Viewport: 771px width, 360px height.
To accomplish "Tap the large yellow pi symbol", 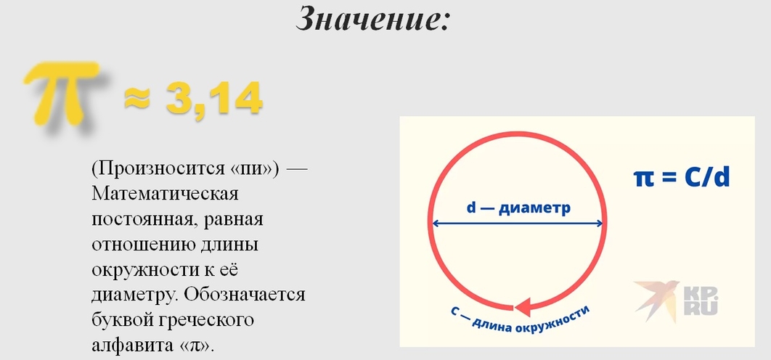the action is (63, 94).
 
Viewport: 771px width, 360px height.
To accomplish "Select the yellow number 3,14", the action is (213, 99).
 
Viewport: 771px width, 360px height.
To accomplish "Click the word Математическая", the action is (166, 194).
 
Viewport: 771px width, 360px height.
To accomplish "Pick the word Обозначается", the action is (245, 295).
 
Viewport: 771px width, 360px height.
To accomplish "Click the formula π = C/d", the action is (681, 179).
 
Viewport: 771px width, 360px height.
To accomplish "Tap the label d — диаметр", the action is (519, 208).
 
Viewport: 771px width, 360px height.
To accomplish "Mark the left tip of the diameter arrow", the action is (432, 224).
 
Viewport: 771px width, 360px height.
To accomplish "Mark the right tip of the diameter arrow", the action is (603, 224).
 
